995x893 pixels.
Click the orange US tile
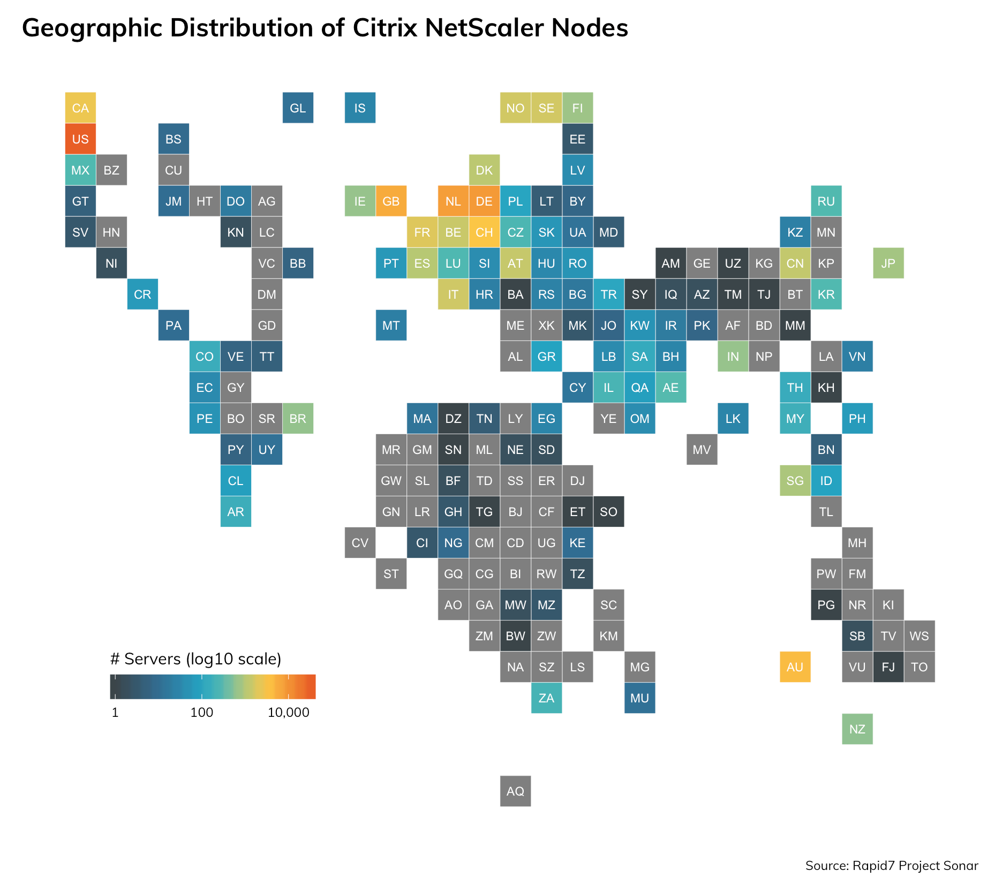[80, 139]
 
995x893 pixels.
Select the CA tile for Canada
[80, 108]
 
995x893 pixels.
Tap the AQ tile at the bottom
[515, 791]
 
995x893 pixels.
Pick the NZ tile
[857, 729]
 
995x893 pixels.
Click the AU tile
[795, 667]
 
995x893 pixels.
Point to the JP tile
[888, 263]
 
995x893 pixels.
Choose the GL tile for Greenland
[298, 108]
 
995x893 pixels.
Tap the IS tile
[360, 108]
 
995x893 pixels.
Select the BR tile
[298, 419]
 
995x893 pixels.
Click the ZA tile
[546, 698]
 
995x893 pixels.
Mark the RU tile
[826, 201]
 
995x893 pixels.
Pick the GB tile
[391, 201]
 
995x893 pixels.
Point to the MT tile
[391, 326]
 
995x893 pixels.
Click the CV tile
[360, 543]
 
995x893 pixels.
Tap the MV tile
[702, 450]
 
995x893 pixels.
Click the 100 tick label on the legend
[202, 713]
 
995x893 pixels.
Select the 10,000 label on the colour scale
[289, 713]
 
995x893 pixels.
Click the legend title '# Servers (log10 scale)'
[195, 659]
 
